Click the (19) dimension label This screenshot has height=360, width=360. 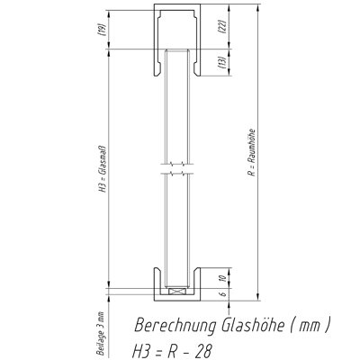click(102, 30)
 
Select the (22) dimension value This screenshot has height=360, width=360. click(222, 26)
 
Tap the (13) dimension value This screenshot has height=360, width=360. click(222, 62)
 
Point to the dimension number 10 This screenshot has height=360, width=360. click(222, 278)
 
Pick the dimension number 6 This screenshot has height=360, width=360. click(223, 294)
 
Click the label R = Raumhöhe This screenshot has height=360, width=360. click(252, 152)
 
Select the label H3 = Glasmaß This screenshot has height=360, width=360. click(103, 169)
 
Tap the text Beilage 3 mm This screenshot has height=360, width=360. click(101, 334)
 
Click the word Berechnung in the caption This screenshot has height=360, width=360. click(175, 325)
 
